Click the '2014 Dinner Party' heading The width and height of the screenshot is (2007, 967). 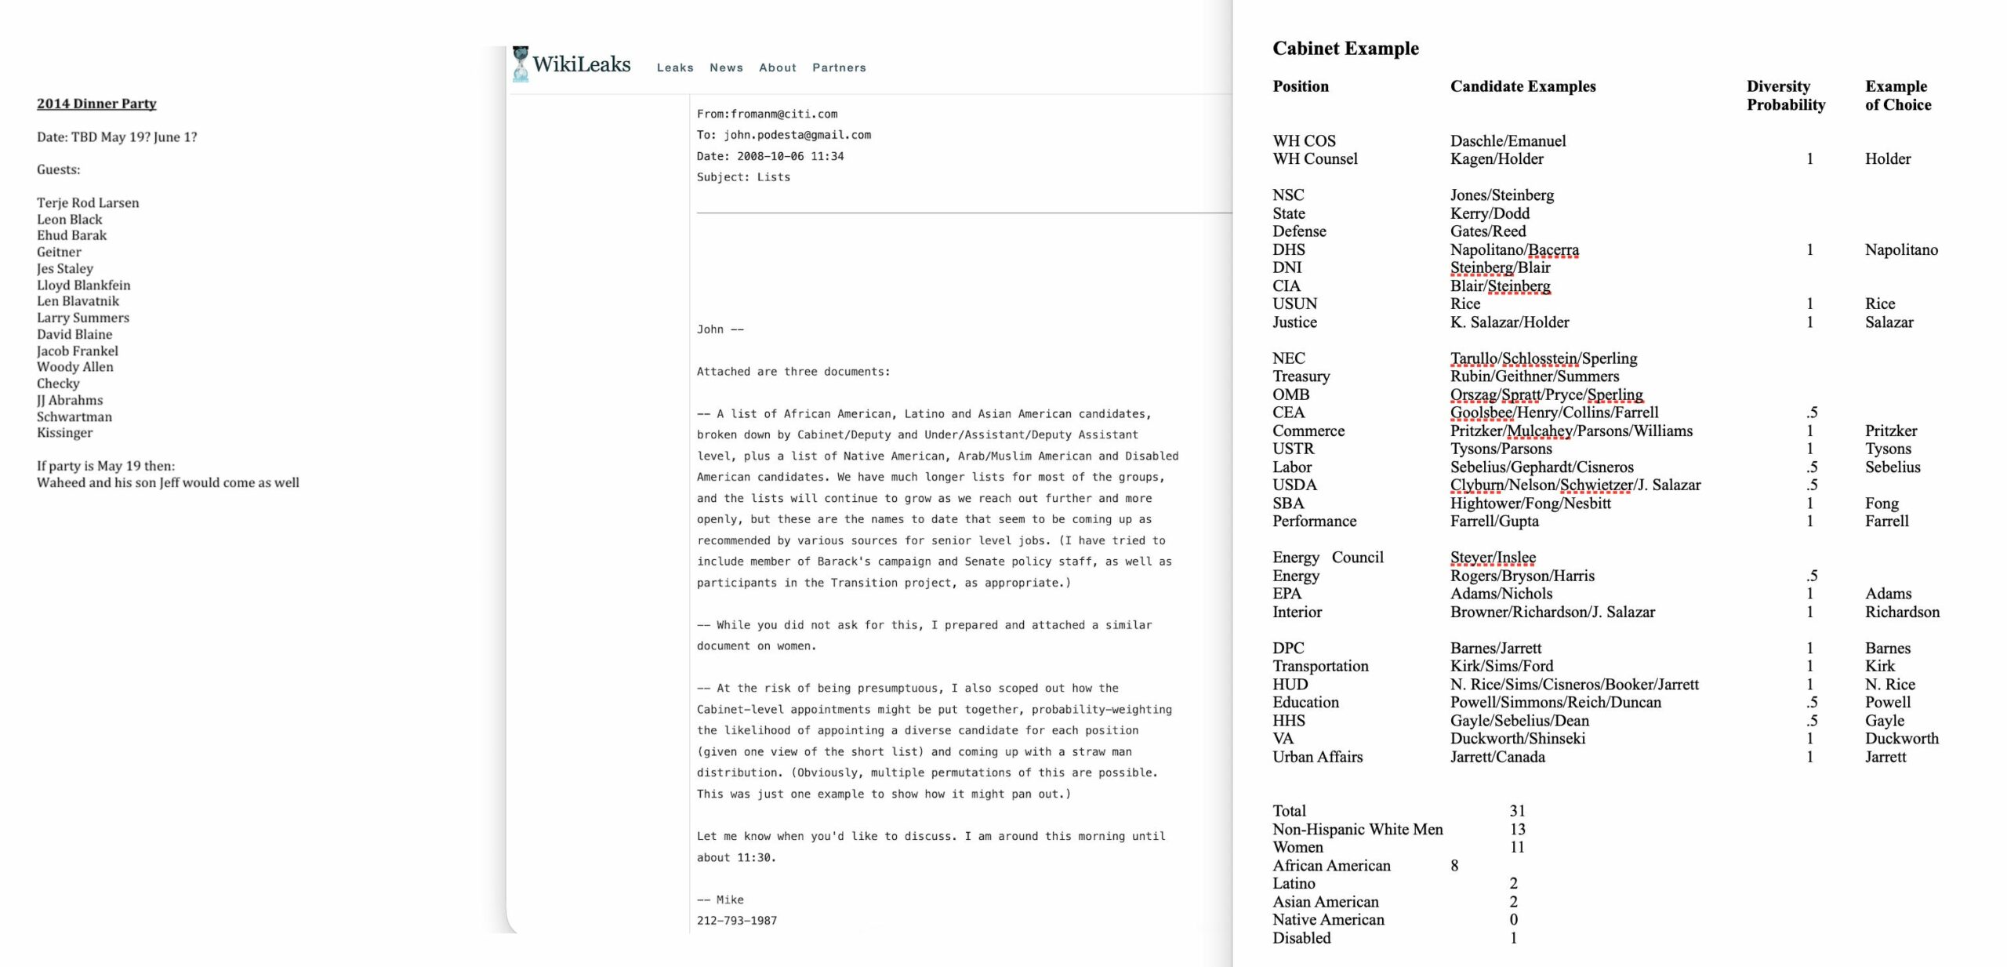(x=96, y=104)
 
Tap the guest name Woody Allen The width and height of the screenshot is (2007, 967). (x=74, y=367)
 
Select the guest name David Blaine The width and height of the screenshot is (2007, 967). (x=74, y=334)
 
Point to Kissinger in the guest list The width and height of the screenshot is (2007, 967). (x=64, y=433)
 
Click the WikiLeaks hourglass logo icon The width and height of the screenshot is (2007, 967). (x=520, y=64)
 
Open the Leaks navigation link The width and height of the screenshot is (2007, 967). (x=674, y=68)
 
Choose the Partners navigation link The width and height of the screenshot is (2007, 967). (x=839, y=68)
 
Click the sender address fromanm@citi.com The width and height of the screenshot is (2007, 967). (x=783, y=115)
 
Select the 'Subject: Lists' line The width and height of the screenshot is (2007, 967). (x=743, y=177)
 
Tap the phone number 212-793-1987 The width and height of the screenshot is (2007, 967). (x=736, y=921)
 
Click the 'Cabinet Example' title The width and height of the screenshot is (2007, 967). (x=1345, y=49)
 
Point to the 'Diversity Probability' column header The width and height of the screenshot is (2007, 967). (x=1785, y=96)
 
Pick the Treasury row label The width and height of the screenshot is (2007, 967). (x=1301, y=376)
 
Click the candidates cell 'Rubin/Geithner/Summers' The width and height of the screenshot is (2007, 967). (x=1533, y=376)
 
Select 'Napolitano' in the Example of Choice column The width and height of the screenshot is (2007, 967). (x=1900, y=250)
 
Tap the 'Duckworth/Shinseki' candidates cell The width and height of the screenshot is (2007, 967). (x=1517, y=739)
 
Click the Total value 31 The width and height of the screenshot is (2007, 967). (x=1517, y=811)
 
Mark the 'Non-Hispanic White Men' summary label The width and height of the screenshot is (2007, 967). (x=1357, y=830)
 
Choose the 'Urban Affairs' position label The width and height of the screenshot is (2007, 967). (x=1317, y=758)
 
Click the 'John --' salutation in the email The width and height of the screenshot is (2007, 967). (x=720, y=329)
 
